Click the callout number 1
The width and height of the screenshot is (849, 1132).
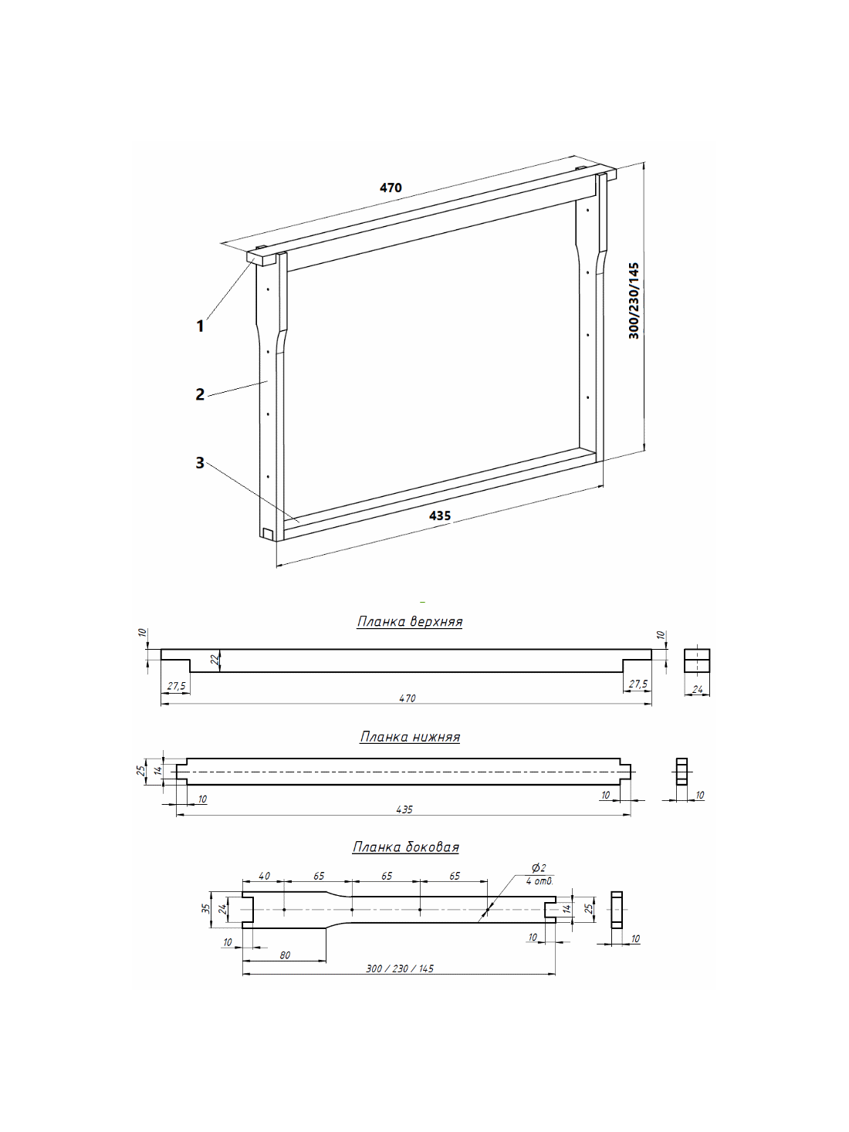point(200,326)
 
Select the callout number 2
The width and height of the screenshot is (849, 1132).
point(200,394)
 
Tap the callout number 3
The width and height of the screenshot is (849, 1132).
point(200,463)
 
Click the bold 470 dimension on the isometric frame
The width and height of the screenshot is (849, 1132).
point(391,188)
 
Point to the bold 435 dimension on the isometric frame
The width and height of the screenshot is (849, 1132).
point(440,515)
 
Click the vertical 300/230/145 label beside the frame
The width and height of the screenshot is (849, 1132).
point(634,301)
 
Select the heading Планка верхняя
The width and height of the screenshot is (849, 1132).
point(410,621)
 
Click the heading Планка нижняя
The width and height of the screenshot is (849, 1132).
point(410,736)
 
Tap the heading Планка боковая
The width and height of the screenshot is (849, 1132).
point(406,847)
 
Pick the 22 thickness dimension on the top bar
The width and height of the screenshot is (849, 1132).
point(217,661)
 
